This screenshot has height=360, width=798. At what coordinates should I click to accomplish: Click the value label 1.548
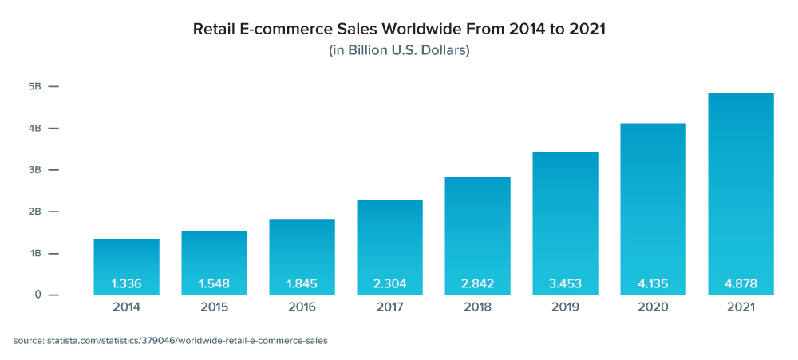[x=214, y=283]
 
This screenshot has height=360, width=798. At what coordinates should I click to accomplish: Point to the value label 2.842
[x=477, y=283]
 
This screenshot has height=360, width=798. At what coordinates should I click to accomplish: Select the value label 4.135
[x=653, y=283]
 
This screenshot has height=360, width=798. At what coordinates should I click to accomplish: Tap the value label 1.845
[x=302, y=283]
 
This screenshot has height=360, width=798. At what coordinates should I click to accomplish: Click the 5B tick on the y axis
[x=36, y=86]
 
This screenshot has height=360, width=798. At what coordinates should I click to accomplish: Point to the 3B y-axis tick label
[x=36, y=170]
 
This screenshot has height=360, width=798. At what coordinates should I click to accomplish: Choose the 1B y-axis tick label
[x=36, y=253]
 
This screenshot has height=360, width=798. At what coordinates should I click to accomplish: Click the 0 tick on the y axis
[x=38, y=295]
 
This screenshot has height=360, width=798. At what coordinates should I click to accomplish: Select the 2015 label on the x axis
[x=214, y=307]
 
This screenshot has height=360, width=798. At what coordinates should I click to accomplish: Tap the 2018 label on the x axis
[x=477, y=307]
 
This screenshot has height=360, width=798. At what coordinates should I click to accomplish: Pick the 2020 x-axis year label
[x=653, y=307]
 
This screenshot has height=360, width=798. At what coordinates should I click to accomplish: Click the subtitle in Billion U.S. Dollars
[x=399, y=51]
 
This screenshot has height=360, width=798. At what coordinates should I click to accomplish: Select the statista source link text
[x=170, y=341]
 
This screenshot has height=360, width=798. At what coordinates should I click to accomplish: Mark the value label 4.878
[x=741, y=283]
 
